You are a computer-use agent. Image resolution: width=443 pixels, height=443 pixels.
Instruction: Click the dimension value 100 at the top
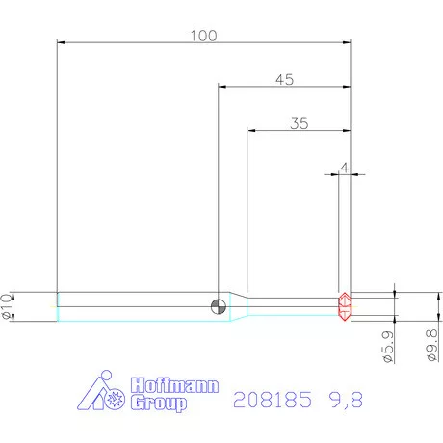point(203,36)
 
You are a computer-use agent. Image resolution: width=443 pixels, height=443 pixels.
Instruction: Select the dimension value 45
point(284,80)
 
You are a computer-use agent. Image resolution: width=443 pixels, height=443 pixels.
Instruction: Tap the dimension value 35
point(299,123)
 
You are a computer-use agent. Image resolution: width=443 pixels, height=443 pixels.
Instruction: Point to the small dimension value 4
point(344,168)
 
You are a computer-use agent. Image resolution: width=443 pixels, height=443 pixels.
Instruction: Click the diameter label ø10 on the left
point(10,305)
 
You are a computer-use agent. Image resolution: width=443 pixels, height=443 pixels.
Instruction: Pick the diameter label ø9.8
point(431,345)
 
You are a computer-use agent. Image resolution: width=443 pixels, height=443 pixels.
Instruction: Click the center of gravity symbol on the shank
point(219,306)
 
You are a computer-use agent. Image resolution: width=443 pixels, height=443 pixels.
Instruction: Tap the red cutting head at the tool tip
point(344,306)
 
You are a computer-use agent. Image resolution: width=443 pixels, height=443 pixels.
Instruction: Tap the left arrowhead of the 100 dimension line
point(62,43)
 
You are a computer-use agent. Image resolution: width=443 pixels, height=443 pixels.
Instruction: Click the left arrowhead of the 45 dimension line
point(222,88)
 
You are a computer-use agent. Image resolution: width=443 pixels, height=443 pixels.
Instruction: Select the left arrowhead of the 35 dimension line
point(251,131)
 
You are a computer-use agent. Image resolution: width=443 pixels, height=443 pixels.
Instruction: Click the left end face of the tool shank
point(58,306)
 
